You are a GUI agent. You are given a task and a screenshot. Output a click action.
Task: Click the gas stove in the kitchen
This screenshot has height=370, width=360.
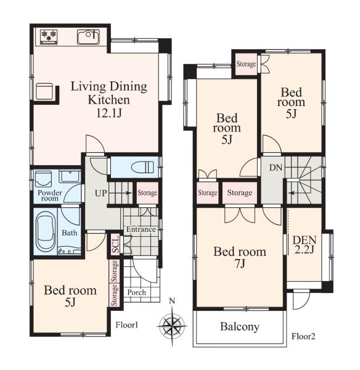point(49,36)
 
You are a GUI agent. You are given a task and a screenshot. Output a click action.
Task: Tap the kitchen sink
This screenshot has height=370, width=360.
point(89,37)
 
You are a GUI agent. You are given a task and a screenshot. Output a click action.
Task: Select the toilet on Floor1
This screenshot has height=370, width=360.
point(144,167)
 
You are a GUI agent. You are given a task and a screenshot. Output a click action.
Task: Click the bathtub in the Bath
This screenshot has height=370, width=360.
point(46,231)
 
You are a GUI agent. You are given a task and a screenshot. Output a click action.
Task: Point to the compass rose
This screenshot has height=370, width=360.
point(172,326)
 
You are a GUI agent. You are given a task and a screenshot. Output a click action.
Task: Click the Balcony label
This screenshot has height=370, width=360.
point(240,327)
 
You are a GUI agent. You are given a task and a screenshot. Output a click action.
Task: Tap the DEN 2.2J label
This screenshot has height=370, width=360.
point(305,245)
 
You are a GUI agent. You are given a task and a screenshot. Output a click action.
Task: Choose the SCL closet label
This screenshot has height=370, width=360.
point(115,244)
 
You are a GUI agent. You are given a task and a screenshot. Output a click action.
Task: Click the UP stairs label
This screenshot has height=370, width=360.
point(100,193)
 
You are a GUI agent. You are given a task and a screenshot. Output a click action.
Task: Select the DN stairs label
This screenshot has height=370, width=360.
point(276,168)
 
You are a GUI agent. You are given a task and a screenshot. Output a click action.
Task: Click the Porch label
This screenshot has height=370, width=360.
point(137,292)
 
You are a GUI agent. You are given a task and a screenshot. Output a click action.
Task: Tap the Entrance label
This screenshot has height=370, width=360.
point(141,229)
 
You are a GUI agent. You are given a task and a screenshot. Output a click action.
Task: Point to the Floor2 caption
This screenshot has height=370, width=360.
point(303,336)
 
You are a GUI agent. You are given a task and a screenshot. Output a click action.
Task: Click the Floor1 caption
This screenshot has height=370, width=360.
point(127,325)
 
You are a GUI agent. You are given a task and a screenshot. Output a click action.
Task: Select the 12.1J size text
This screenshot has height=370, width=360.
point(108,113)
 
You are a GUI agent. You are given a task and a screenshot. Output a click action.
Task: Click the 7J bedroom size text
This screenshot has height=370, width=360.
point(240,263)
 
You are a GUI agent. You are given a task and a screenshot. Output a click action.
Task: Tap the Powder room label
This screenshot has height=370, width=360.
point(50,195)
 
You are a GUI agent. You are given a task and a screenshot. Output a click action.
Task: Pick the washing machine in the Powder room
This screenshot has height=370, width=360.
point(43,179)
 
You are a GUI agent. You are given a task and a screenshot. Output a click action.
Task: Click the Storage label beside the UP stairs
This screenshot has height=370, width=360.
point(147,193)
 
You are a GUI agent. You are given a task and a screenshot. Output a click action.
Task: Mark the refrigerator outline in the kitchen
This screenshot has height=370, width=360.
point(44,91)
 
